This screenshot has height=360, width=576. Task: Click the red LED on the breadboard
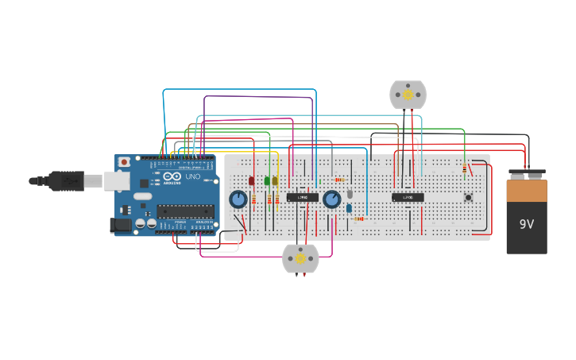pyautogui.click(x=252, y=181)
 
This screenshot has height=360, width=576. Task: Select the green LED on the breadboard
pyautogui.click(x=267, y=181)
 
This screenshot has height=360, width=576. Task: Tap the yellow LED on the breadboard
pyautogui.click(x=275, y=181)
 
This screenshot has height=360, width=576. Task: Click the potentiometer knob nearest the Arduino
pyautogui.click(x=238, y=199)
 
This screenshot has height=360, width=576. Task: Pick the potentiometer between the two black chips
pyautogui.click(x=331, y=199)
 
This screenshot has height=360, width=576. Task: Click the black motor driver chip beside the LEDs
pyautogui.click(x=302, y=197)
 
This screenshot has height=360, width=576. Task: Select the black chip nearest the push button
pyautogui.click(x=408, y=197)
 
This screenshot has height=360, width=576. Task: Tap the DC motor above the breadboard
pyautogui.click(x=408, y=95)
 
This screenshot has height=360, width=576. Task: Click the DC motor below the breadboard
pyautogui.click(x=300, y=258)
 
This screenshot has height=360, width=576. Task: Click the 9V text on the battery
pyautogui.click(x=527, y=224)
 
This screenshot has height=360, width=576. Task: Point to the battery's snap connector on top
pyautogui.click(x=527, y=174)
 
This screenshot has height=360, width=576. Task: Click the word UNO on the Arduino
pyautogui.click(x=192, y=176)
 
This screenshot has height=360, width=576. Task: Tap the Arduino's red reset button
pyautogui.click(x=124, y=162)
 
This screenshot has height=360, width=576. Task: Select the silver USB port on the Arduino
pyautogui.click(x=116, y=181)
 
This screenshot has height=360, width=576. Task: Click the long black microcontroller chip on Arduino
pyautogui.click(x=185, y=211)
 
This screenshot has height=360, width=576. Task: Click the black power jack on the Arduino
pyautogui.click(x=120, y=226)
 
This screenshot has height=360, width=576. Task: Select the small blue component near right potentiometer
pyautogui.click(x=349, y=208)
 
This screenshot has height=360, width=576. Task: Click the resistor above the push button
pyautogui.click(x=464, y=168)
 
